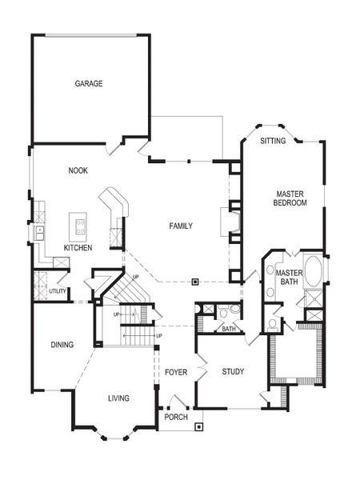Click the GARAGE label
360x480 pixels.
pyautogui.click(x=89, y=83)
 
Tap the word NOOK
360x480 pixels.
pyautogui.click(x=78, y=170)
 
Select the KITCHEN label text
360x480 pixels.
pyautogui.click(x=78, y=248)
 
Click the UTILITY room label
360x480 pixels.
pyautogui.click(x=58, y=291)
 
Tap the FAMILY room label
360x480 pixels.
pyautogui.click(x=180, y=226)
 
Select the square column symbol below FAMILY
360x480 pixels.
pyautogui.click(x=194, y=281)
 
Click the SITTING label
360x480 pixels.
pyautogui.click(x=274, y=141)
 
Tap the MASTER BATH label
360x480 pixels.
pyautogui.click(x=290, y=277)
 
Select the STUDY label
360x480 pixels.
pyautogui.click(x=234, y=371)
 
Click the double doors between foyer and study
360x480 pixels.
pyautogui.click(x=202, y=371)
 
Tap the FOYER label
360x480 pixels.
pyautogui.click(x=176, y=373)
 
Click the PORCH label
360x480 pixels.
pyautogui.click(x=176, y=417)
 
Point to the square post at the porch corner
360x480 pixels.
pyautogui.click(x=198, y=426)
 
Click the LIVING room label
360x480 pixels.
pyautogui.click(x=118, y=398)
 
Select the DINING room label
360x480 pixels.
pyautogui.click(x=62, y=345)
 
